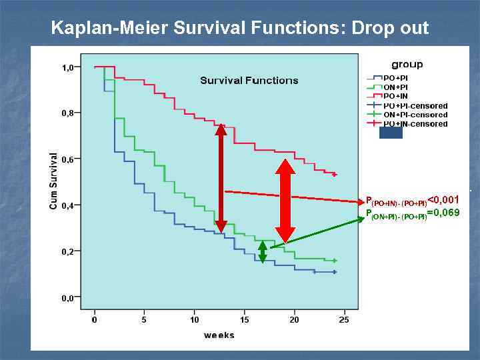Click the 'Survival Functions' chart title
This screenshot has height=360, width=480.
pyautogui.click(x=249, y=81)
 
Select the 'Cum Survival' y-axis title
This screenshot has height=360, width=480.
pyautogui.click(x=54, y=181)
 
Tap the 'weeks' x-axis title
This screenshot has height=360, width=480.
pyautogui.click(x=219, y=335)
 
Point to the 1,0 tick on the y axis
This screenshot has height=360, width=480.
pyautogui.click(x=68, y=67)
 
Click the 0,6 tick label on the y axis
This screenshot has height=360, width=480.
pyautogui.click(x=68, y=159)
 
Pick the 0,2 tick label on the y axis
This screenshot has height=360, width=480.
pyautogui.click(x=68, y=251)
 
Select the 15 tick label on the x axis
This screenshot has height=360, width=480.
pyautogui.click(x=245, y=319)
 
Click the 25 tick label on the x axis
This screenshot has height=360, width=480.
pyautogui.click(x=344, y=319)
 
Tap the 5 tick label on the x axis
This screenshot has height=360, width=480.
pyautogui.click(x=145, y=319)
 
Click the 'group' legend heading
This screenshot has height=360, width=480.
pyautogui.click(x=407, y=65)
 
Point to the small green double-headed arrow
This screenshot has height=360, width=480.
pyautogui.click(x=263, y=251)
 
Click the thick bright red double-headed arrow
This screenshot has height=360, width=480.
pyautogui.click(x=285, y=201)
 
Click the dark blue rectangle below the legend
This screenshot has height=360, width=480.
pyautogui.click(x=391, y=133)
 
